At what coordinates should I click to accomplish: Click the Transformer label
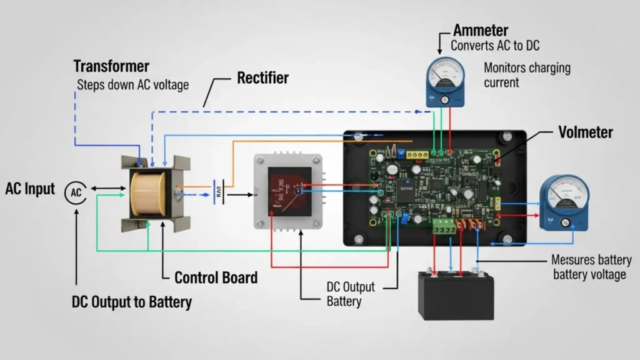[x=111, y=66]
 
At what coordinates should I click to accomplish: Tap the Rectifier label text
[x=262, y=78]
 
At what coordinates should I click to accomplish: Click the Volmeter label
[x=585, y=132]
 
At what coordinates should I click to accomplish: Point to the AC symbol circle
[x=76, y=192]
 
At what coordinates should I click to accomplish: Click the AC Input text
[x=30, y=189]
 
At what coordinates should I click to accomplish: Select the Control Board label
[x=216, y=277]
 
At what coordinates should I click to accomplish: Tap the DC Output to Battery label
[x=131, y=302]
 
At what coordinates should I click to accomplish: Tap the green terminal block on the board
[x=445, y=226]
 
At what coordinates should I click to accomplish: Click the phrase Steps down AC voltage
[x=132, y=84]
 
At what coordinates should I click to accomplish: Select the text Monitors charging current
[x=527, y=75]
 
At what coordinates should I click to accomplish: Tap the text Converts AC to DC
[x=496, y=46]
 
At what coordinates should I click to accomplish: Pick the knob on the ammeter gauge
[x=445, y=100]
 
